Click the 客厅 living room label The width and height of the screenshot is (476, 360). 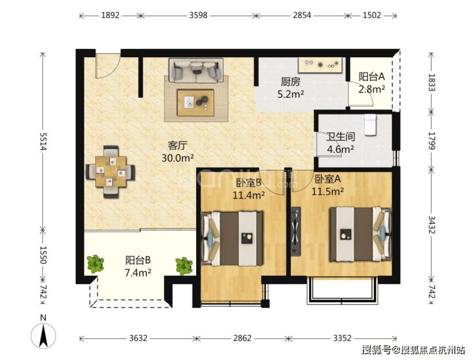pos(178,145)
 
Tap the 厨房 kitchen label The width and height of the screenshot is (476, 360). pos(291,82)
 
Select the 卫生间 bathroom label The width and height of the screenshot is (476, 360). pos(341,136)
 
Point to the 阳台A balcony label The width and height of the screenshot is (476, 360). pos(372,76)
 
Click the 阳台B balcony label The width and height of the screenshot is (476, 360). pos(138,260)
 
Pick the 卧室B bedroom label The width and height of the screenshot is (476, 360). pos(249,183)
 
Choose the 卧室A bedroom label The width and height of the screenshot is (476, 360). pos(327,179)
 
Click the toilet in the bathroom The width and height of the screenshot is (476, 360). pos(370,124)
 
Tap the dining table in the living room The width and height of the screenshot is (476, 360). pos(111,172)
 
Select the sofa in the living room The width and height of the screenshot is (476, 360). pos(196,71)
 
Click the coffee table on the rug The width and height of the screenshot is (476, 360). pos(196,102)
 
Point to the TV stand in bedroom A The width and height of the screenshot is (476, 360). pos(296,231)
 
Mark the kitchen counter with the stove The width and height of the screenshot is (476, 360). pos(320,65)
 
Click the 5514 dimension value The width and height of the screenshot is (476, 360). pos(43,141)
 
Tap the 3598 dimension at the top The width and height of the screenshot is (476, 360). pos(198,15)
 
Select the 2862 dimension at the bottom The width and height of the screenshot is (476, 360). pos(243,338)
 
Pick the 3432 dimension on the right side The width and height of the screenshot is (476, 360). pos(432,225)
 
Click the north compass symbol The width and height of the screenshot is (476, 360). pos(43,333)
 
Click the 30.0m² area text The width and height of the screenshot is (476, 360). pos(178,158)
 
